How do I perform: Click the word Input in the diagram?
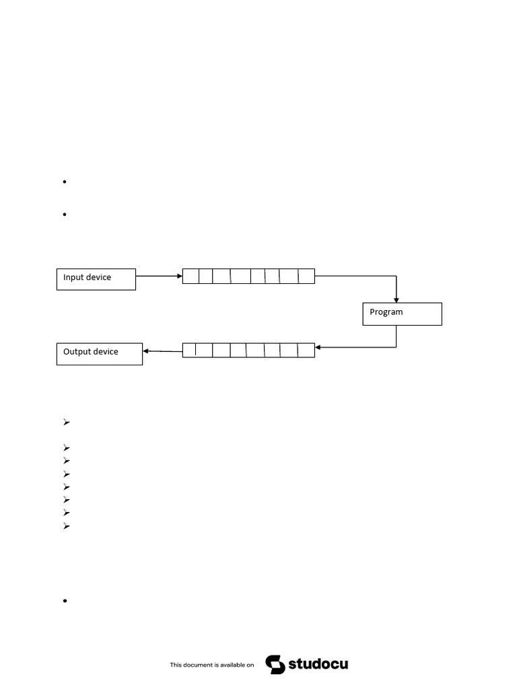pos(73,278)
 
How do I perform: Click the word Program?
pos(386,312)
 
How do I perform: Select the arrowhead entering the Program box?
pos(396,300)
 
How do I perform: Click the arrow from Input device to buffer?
pos(159,277)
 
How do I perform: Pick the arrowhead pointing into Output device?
pos(146,351)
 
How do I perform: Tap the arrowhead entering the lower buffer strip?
pos(318,348)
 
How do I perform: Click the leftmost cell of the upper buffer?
pos(191,277)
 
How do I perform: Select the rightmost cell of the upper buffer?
pos(307,277)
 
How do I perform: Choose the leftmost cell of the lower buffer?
pos(189,351)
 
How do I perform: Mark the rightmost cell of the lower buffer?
pos(306,351)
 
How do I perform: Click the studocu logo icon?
pos(275,664)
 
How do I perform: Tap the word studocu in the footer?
pos(318,664)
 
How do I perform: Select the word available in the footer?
pos(233,665)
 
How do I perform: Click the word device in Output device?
pos(106,352)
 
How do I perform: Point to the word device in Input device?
pos(99,278)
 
